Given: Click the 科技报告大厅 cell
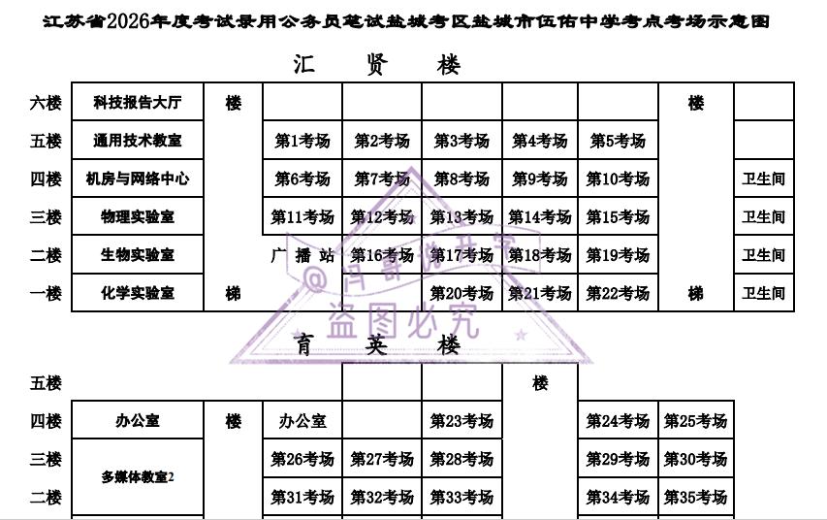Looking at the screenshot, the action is point(138,102).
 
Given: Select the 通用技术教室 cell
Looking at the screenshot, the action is point(138,141).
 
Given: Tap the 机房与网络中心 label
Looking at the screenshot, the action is point(138,179).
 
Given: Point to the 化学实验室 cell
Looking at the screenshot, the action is point(138,293).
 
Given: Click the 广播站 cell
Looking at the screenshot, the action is point(302,255).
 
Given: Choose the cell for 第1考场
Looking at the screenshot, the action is point(302,141).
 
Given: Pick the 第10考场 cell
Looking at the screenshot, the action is point(618,179).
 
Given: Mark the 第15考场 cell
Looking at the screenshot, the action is point(618,217).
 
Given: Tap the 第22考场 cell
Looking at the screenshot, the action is point(618,293).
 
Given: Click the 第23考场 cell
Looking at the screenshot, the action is point(461,421).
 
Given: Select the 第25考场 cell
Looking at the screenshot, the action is point(695,421).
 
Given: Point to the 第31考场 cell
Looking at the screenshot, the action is point(302,498).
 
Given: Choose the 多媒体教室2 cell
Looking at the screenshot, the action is point(138,477).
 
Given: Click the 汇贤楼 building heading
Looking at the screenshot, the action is point(377,65).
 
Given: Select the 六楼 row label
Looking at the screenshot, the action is point(46,102).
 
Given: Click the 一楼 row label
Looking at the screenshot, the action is point(46,293).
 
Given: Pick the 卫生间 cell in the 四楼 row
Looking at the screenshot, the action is point(763,179).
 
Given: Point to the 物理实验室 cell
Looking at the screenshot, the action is point(138,217).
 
